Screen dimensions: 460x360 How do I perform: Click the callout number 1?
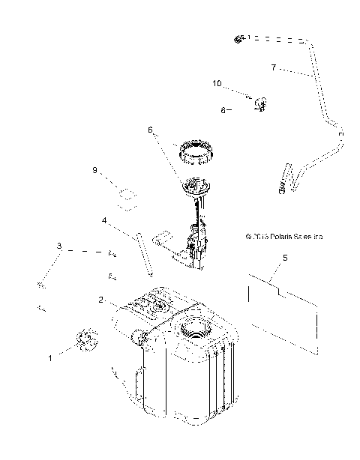[x=51, y=358]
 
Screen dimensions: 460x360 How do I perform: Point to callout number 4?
[x=105, y=221]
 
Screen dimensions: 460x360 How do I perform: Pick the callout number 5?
[x=284, y=258]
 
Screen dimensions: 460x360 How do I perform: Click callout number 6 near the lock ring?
[x=150, y=130]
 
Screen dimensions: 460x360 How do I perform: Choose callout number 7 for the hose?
[x=274, y=67]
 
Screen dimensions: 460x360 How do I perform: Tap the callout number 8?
[x=223, y=109]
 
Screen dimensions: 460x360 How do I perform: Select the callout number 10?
[x=217, y=84]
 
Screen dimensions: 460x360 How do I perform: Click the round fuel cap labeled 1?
[x=85, y=342]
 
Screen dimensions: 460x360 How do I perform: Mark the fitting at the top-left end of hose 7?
[x=238, y=38]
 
